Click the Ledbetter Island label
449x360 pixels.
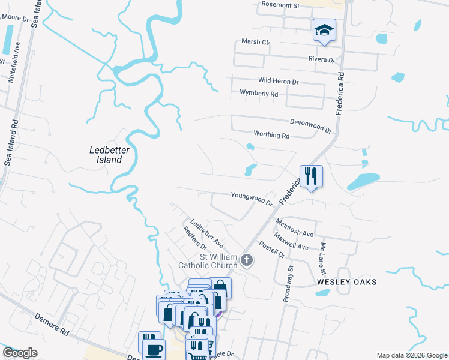106,155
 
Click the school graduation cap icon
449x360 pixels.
324,30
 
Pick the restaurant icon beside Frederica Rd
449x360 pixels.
310,176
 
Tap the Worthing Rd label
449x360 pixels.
271,136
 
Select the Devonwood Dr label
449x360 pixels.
310,125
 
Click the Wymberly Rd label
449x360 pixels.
259,94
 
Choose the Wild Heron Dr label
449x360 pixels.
278,81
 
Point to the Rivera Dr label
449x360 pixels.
321,59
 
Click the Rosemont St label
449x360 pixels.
280,5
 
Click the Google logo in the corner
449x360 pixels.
20,353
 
